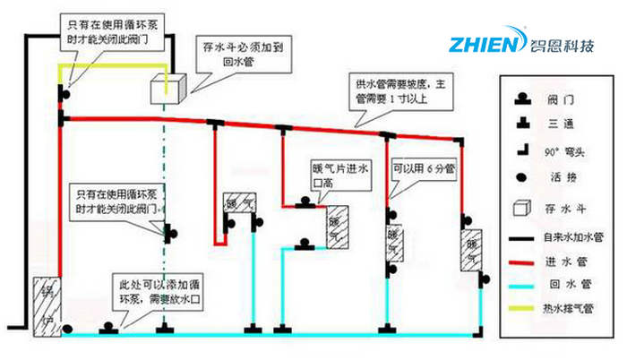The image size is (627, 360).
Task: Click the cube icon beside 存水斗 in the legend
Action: coord(519,210)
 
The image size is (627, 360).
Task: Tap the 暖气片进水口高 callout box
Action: coord(334,173)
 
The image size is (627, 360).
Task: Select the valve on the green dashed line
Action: coord(167,236)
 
